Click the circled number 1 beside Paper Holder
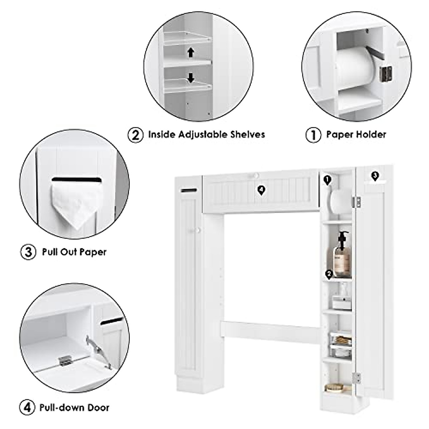coord(313,135)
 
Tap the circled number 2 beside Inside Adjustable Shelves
coord(136,135)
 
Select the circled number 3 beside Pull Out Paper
coord(28,252)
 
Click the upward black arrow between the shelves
coord(191,53)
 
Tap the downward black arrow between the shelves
coord(191,78)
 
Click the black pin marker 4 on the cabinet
coord(262,191)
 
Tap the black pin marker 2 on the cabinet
coord(329,274)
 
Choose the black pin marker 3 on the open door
coord(374,176)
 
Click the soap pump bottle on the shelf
coord(341,255)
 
